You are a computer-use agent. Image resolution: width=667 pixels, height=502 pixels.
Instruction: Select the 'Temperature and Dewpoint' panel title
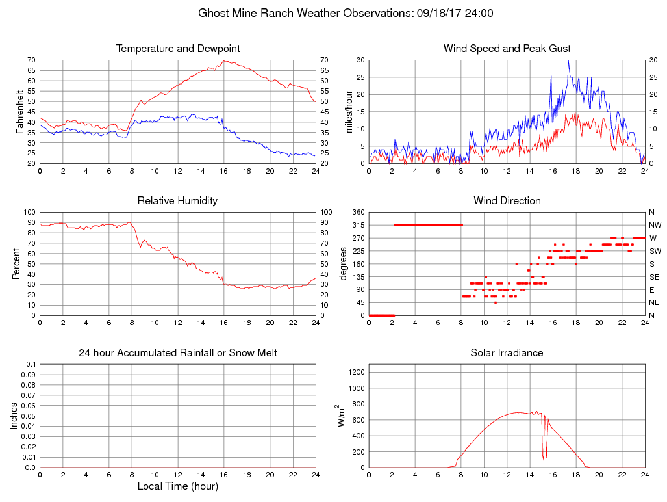pos(178,49)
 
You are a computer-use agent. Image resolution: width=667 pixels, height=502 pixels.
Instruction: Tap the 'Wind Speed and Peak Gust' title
pos(507,49)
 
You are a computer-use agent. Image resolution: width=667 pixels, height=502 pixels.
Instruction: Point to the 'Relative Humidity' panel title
pos(177,201)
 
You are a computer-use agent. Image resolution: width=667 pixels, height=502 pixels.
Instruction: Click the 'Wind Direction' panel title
pos(507,201)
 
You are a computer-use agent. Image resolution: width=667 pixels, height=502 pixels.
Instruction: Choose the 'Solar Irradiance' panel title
pos(507,353)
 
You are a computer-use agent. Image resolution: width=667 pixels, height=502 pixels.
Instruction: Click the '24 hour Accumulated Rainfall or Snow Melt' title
pos(178,353)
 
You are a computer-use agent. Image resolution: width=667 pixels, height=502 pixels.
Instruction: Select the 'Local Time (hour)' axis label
pos(178,486)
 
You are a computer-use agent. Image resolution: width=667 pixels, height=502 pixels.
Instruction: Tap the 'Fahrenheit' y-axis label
pos(21,112)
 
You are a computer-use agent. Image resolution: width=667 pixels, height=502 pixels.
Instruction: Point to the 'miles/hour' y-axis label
pos(349,112)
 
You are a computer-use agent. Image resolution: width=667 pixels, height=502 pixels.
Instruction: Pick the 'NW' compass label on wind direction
pos(654,225)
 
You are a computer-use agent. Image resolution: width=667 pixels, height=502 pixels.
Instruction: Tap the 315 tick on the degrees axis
pos(357,225)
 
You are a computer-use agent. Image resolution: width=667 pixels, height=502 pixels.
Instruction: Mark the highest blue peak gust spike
pos(568,62)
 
